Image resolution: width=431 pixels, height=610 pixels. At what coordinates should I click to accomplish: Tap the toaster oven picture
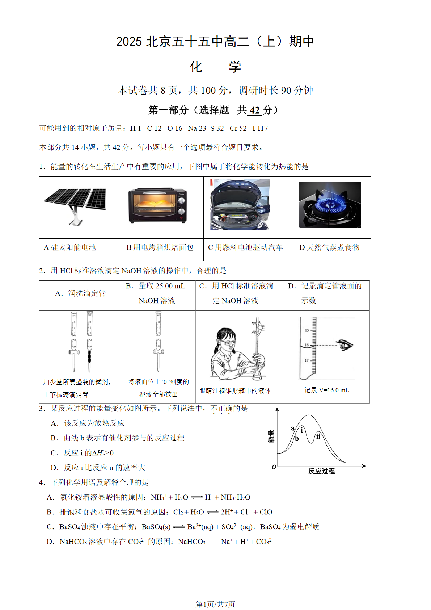tap(158, 205)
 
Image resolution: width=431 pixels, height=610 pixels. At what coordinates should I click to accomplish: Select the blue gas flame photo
tap(330, 205)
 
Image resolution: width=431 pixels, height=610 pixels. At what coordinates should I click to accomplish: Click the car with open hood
tap(240, 205)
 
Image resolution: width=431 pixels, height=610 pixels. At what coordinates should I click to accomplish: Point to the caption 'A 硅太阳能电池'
tap(70, 247)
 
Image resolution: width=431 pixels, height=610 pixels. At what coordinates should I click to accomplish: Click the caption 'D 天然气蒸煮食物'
tap(329, 247)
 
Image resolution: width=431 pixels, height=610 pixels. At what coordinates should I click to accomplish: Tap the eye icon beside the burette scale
tap(344, 345)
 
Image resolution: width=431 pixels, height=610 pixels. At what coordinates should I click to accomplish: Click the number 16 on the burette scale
tap(307, 345)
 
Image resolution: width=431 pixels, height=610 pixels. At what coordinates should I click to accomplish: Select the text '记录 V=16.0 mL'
tap(326, 390)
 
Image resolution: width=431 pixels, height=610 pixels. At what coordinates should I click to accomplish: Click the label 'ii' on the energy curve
tap(318, 436)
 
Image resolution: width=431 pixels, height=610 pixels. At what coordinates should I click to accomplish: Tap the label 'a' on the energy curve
tap(292, 428)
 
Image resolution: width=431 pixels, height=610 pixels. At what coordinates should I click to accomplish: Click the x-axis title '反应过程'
tap(321, 471)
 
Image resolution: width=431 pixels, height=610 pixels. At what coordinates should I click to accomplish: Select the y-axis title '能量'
tap(271, 436)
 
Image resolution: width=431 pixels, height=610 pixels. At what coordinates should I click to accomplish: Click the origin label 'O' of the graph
tap(274, 467)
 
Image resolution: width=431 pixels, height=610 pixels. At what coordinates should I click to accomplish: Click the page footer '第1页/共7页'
tap(215, 604)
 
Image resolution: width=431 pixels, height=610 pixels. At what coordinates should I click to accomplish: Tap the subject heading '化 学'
tap(215, 67)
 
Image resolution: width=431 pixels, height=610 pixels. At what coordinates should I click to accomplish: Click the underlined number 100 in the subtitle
tap(208, 91)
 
